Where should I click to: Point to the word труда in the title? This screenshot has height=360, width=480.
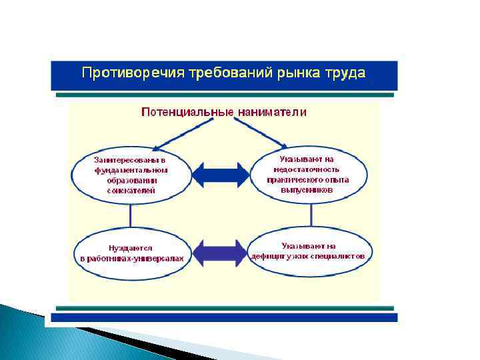coord(345,73)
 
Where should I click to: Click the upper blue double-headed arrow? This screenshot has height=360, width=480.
coord(220,175)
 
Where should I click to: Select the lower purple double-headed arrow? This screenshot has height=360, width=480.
coord(220,252)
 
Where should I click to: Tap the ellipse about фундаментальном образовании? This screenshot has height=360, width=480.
coord(131,175)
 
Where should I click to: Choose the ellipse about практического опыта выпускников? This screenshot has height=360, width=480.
coord(308,175)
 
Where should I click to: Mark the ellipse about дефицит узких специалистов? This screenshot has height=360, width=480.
coord(309,251)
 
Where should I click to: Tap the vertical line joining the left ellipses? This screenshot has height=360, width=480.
coord(131,215)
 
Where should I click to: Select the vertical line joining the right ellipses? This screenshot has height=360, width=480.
coord(311,215)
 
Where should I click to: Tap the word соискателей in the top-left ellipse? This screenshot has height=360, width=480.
coord(131,190)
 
